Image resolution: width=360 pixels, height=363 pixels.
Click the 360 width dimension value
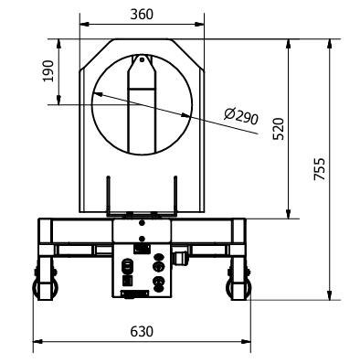142,15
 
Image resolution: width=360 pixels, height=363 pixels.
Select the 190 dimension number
48,71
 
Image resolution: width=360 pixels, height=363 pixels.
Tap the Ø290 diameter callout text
241,116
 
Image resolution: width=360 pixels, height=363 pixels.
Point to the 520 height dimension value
279,129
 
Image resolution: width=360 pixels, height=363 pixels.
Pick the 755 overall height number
320,168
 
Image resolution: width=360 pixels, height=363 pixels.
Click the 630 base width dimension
142,331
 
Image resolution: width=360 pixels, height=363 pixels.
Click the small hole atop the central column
142,59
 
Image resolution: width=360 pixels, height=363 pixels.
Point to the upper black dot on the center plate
142,223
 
